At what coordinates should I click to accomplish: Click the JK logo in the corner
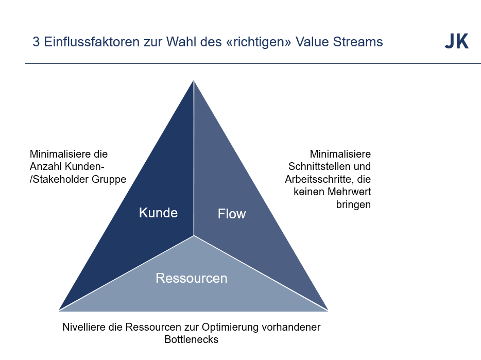click(456, 42)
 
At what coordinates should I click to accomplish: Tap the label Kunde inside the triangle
click(158, 213)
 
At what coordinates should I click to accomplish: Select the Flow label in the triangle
click(232, 214)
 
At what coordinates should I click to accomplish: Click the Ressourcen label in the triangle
click(192, 278)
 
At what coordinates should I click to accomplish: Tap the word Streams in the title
click(360, 42)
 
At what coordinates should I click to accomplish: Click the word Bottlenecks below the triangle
click(192, 339)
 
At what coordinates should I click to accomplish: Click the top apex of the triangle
click(194, 80)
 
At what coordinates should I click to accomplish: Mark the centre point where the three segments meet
click(194, 235)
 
